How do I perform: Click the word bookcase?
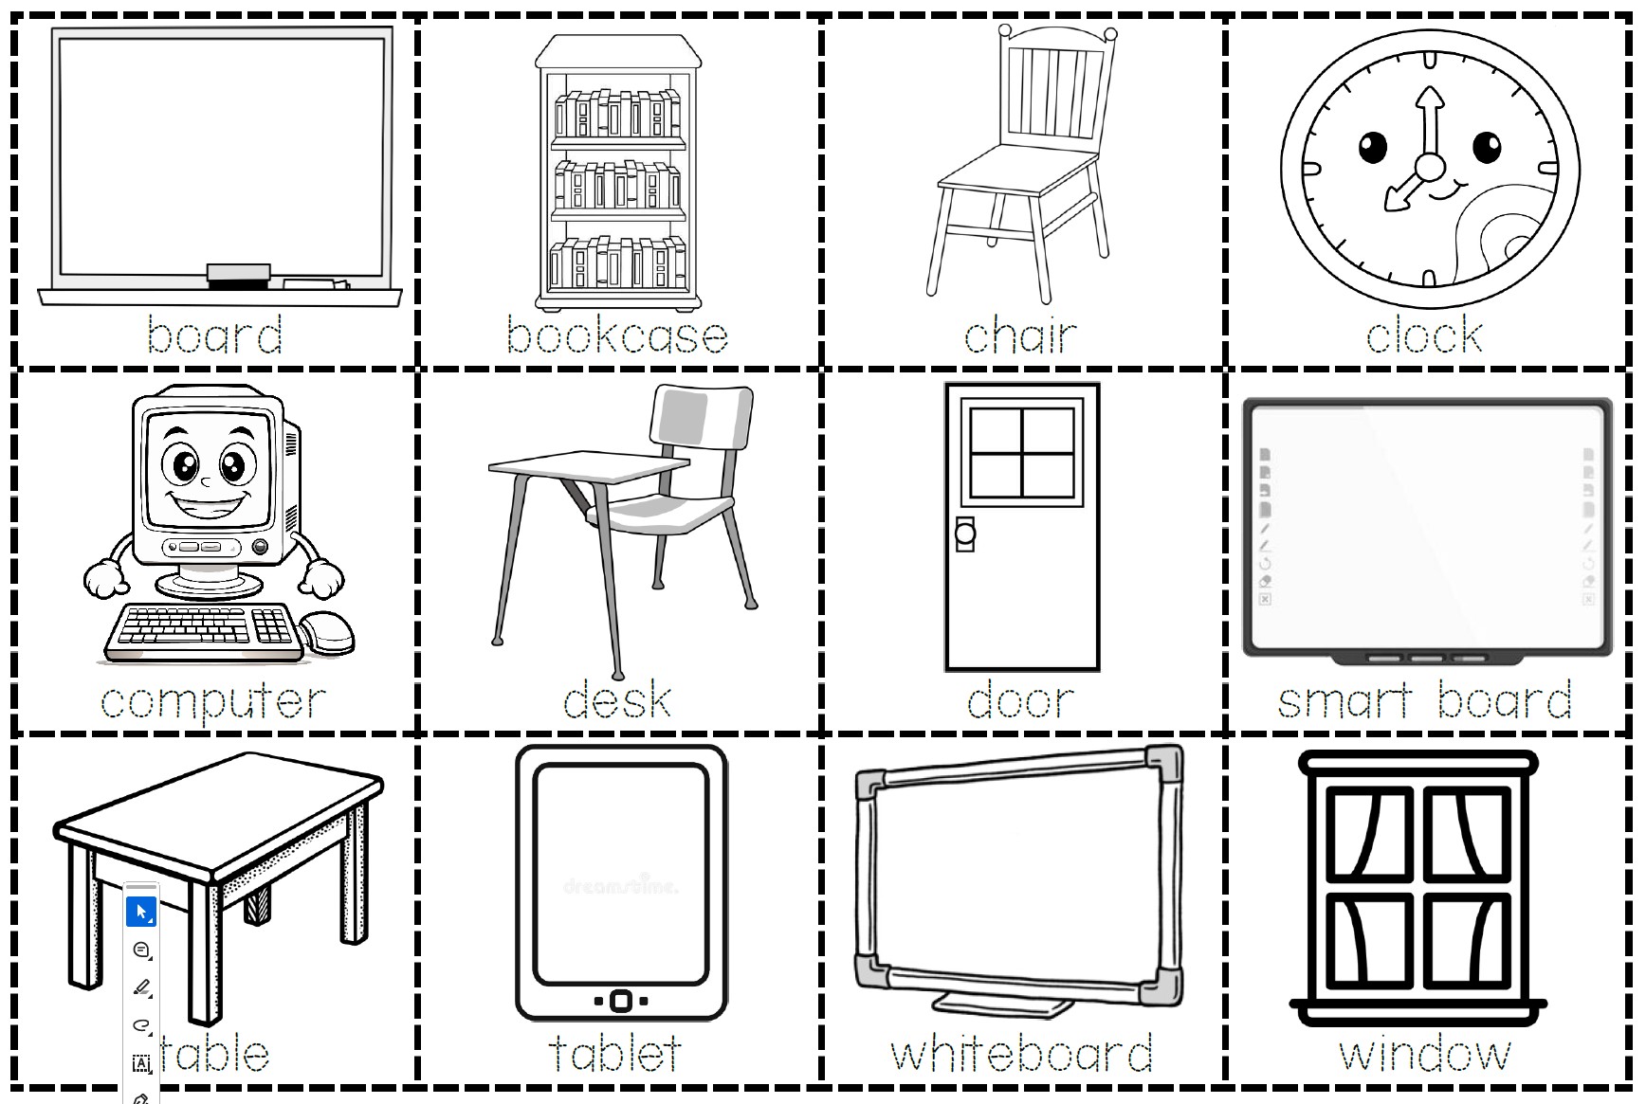pos(617,335)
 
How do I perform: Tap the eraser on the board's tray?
pos(239,274)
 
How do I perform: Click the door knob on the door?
pos(965,534)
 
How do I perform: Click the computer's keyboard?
pos(202,632)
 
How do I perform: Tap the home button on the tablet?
pos(621,1001)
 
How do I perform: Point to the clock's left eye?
pos(1373,146)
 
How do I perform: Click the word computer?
pos(213,702)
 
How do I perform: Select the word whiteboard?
pos(1021,1053)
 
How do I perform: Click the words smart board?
pos(1424,700)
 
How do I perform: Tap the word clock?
pos(1424,335)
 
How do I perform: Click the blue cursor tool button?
pos(141,912)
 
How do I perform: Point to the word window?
pos(1424,1054)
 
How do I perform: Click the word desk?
pos(617,700)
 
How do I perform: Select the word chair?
pos(1020,335)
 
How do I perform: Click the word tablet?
pos(615,1053)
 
